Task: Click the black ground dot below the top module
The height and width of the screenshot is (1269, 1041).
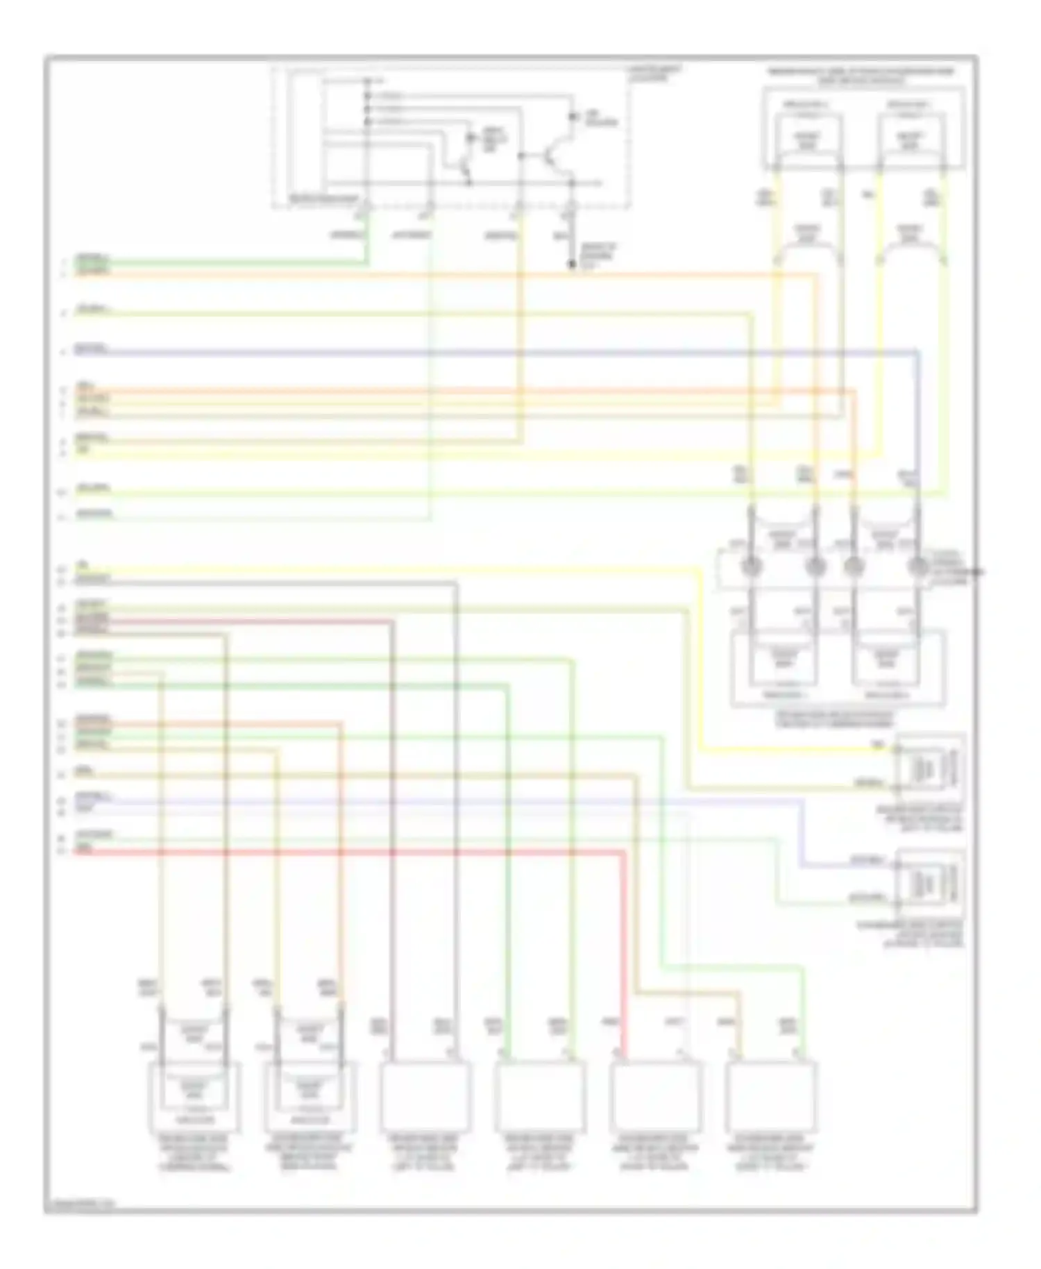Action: click(572, 264)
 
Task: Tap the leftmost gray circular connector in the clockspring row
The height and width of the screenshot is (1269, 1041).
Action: click(752, 567)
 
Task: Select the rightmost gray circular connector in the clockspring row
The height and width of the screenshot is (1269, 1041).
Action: click(918, 567)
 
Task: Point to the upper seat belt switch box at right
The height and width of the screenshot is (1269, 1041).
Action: click(929, 767)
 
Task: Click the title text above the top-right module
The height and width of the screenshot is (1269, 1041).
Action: click(861, 76)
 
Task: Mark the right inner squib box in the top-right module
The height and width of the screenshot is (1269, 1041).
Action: click(911, 141)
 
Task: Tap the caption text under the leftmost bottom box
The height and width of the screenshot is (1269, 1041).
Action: click(195, 1155)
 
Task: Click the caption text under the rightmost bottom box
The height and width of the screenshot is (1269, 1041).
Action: click(770, 1155)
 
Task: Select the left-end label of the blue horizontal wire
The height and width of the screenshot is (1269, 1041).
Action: click(92, 349)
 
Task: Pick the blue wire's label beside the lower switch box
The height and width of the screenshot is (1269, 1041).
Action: click(867, 862)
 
